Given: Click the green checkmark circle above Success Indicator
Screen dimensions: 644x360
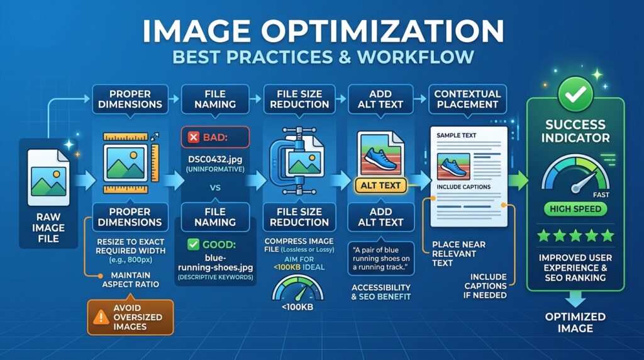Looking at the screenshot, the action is pos(575,94).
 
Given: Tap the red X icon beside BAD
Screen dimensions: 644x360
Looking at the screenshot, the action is pos(194,137).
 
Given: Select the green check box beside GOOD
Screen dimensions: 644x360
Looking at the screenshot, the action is pos(193,245).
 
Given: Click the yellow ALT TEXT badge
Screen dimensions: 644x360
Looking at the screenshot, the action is pos(380,186).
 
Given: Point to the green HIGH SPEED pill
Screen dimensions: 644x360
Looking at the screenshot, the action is pos(575,209).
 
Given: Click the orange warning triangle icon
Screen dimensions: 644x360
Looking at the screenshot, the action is pos(101,317).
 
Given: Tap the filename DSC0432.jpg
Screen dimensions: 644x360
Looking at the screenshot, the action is pos(215,159).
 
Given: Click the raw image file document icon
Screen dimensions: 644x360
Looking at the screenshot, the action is pos(48,177).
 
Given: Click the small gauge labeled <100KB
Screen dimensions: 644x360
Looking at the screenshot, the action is pos(297,288).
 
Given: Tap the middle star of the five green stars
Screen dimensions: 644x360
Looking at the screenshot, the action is pos(575,235).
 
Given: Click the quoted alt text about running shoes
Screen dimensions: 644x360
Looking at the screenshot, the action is pos(380,259).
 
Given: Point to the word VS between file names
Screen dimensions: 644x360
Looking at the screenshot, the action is pos(215,188).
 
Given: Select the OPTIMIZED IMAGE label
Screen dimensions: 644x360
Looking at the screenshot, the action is pos(575,323).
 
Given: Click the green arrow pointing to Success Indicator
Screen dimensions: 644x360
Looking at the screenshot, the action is pos(518,181).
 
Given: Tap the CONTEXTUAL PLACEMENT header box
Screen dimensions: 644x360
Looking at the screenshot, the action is pos(467,99).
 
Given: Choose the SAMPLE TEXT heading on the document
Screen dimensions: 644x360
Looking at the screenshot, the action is pos(457,135).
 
